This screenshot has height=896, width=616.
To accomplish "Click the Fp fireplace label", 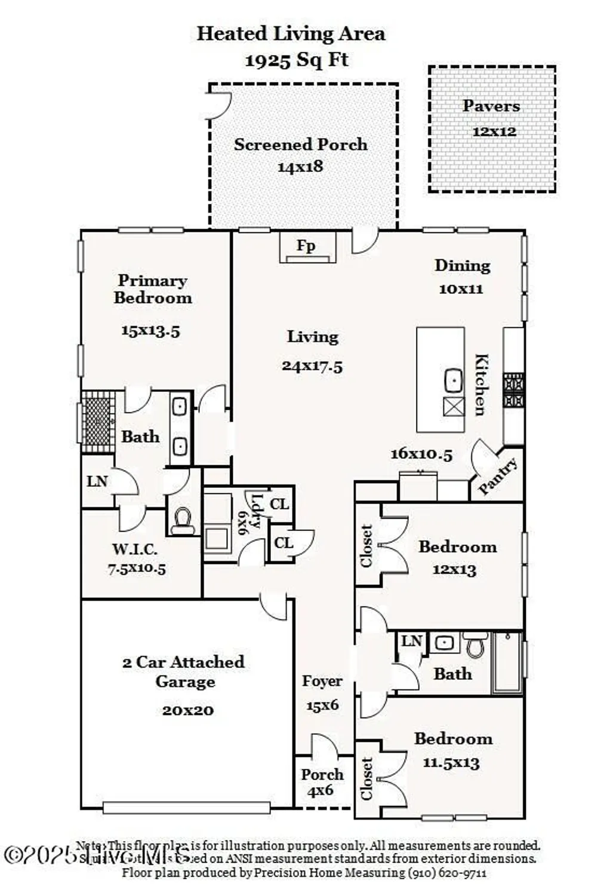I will tap(306, 246).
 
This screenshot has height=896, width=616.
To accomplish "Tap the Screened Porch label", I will tap(300, 145).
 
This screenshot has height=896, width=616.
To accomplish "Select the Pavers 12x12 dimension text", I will tap(494, 131).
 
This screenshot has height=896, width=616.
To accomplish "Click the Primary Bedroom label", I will tap(153, 289).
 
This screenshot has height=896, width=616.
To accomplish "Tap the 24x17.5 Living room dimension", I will tap(312, 366).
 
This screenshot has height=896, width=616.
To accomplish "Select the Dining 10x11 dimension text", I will tap(461, 289).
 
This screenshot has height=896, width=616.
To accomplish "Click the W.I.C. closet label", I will tap(135, 549).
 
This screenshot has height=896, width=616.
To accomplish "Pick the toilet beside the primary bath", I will tap(182, 520).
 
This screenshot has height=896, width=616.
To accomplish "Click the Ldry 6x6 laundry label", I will tap(251, 512).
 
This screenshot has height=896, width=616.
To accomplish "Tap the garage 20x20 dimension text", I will tap(187, 710).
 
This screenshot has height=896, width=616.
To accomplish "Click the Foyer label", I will tap(322, 681).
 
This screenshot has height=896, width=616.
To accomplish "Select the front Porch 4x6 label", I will tap(322, 782).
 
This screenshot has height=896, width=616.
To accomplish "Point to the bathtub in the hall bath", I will tap(507, 663).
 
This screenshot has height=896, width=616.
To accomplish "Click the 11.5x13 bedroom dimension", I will tap(451, 763).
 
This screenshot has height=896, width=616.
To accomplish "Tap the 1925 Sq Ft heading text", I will tap(297, 60).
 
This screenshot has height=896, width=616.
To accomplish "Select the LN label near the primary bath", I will tap(97, 481).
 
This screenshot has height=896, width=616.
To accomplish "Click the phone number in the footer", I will tap(447, 873).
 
